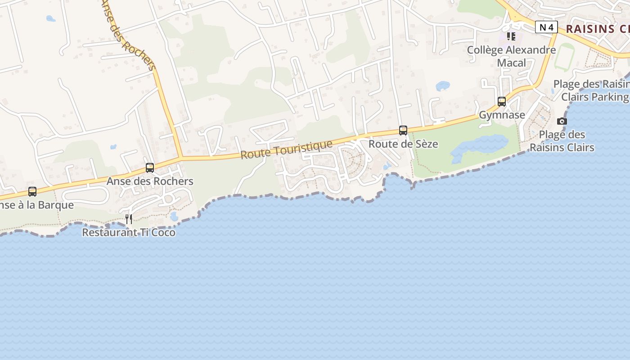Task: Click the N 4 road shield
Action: coord(546,27)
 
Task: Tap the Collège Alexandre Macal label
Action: coord(511,56)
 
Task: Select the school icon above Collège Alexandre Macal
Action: coord(511,36)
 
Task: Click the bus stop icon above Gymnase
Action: coord(502,102)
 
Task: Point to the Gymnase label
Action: coord(502,115)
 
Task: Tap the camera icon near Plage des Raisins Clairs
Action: coord(562,121)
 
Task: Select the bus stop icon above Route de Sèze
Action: coord(403,130)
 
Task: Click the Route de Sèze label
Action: coord(403,144)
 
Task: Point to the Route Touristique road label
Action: coord(287,149)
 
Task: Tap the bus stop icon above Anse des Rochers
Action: coord(150,168)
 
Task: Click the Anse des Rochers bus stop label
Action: coord(150,181)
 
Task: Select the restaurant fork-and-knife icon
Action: coord(129,219)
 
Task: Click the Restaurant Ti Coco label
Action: coord(129,232)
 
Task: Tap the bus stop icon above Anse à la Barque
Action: coord(32,192)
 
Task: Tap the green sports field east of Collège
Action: coord(564,57)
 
